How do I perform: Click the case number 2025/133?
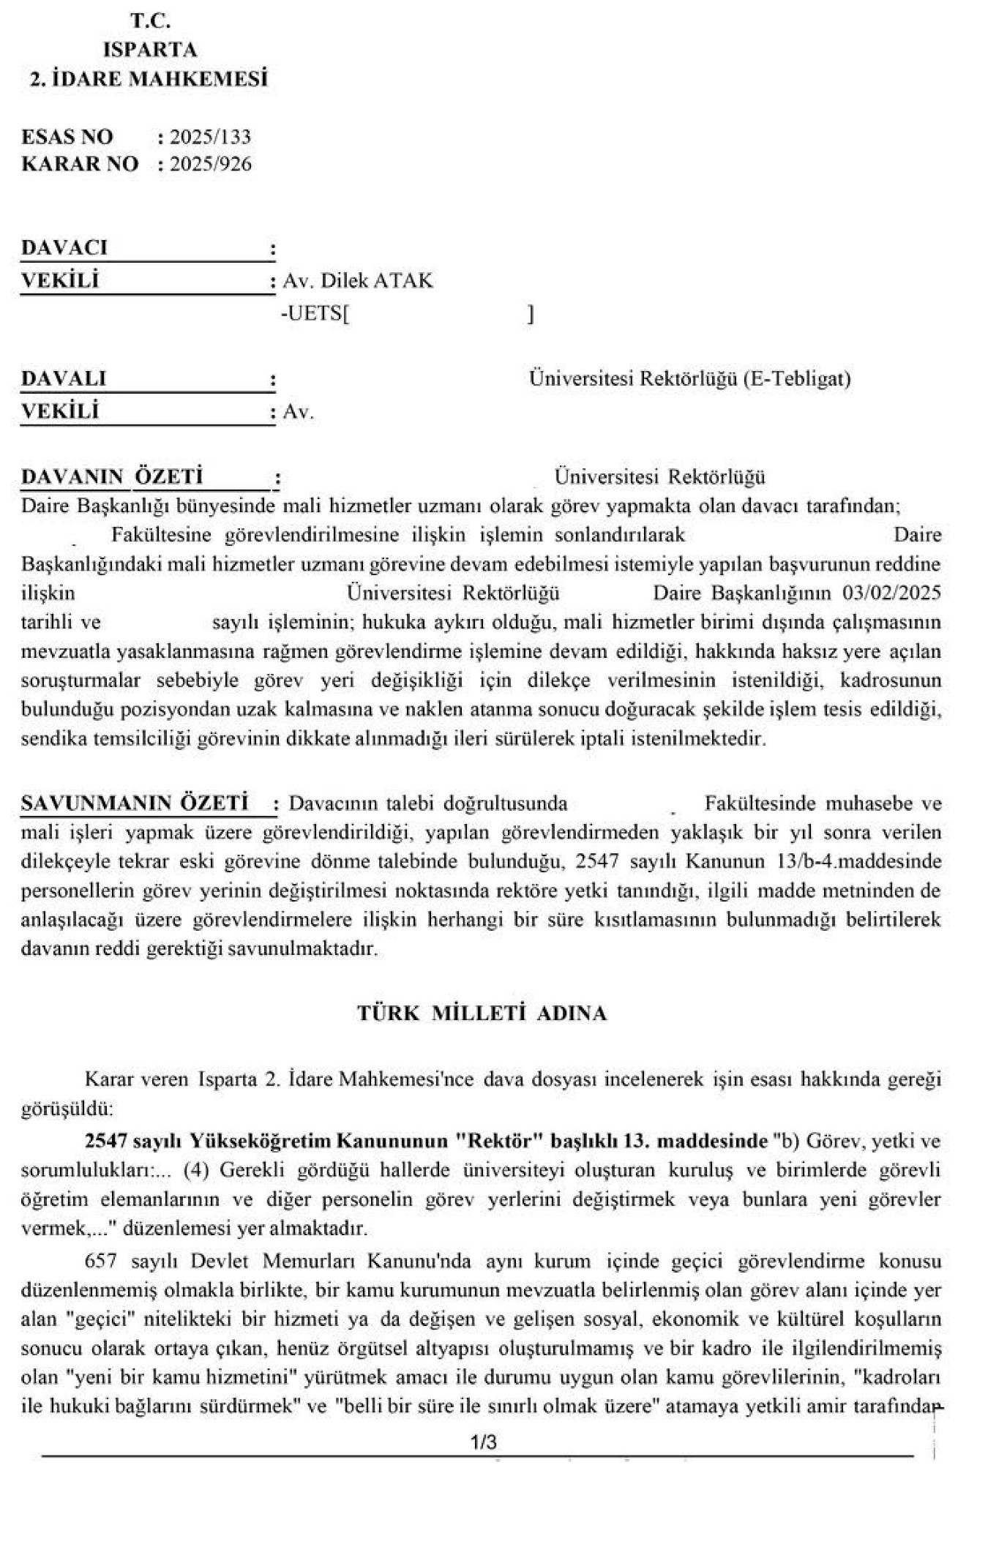210,137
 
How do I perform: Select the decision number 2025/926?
210,163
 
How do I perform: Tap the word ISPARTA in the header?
150,50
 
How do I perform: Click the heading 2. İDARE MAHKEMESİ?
149,78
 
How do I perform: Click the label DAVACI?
64,247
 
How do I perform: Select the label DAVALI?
64,378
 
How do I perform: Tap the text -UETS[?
315,314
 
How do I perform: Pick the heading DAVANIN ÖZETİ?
112,477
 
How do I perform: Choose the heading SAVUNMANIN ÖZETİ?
135,803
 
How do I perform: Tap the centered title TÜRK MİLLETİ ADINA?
482,1013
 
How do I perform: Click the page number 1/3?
484,1442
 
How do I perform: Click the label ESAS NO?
67,137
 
